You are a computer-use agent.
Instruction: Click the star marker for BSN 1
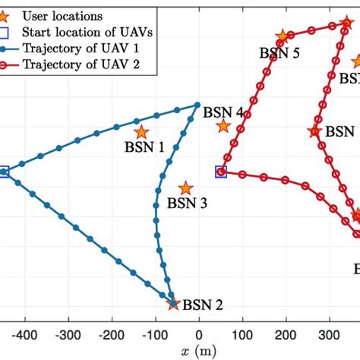141,132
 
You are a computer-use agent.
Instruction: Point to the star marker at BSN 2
173,304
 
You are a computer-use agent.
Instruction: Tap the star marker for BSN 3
185,188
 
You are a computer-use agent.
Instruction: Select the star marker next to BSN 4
223,126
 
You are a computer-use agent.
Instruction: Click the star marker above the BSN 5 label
283,36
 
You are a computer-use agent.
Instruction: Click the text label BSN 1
144,149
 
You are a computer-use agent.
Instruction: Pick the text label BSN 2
203,306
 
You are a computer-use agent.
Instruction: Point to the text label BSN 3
187,203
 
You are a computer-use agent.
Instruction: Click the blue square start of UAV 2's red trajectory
221,172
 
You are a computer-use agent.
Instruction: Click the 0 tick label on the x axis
199,333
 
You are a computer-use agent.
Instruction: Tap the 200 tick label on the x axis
286,333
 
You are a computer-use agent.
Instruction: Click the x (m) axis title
198,350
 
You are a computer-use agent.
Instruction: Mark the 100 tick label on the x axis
242,333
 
